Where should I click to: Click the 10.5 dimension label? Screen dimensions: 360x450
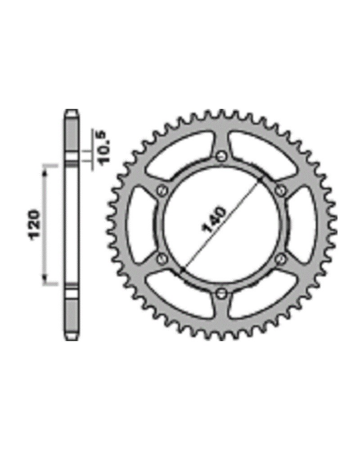click(x=102, y=147)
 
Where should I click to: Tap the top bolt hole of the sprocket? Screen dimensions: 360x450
click(x=221, y=156)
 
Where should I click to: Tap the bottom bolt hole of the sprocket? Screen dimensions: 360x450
click(x=221, y=293)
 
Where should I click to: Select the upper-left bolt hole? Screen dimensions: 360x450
click(x=162, y=190)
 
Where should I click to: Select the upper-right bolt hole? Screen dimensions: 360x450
click(x=280, y=190)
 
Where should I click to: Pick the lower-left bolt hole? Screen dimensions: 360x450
click(x=162, y=259)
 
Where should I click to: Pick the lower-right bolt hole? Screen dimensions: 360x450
click(x=280, y=259)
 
